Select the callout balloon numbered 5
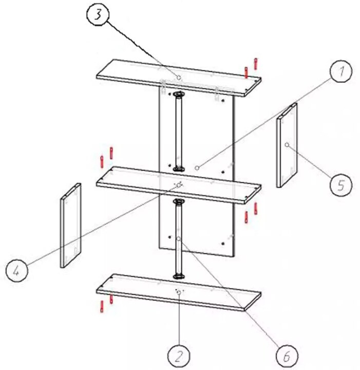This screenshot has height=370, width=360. (x=341, y=185)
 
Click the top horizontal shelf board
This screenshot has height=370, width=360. (x=179, y=78)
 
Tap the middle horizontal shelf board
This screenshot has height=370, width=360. (x=179, y=186)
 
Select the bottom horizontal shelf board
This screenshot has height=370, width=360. (x=179, y=292)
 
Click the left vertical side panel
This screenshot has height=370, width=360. (x=70, y=226)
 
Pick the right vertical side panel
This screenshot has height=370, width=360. (x=287, y=145)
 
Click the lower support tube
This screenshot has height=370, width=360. (x=179, y=239)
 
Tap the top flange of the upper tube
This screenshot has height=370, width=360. (x=179, y=94)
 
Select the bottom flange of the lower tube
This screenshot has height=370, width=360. (x=179, y=276)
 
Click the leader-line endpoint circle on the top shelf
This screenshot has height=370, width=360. (x=179, y=78)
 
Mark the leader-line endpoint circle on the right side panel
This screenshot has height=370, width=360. (x=287, y=145)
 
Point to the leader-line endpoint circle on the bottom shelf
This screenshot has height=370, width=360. (x=179, y=292)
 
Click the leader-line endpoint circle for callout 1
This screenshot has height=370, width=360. (x=197, y=168)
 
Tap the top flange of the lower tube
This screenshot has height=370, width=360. (x=179, y=201)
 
